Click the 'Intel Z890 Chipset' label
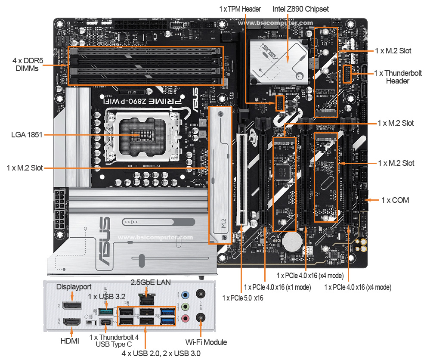tap(300, 9)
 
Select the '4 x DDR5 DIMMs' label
tap(25, 65)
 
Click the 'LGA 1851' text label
tap(27, 135)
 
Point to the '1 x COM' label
tap(395, 200)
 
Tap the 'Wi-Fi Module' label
tap(206, 342)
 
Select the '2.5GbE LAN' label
tap(151, 282)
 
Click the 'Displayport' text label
tap(74, 287)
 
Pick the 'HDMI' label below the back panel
tap(70, 341)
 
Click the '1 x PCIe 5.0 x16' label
tap(242, 298)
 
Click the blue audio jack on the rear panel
tap(185, 295)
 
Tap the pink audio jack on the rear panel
tap(185, 318)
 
